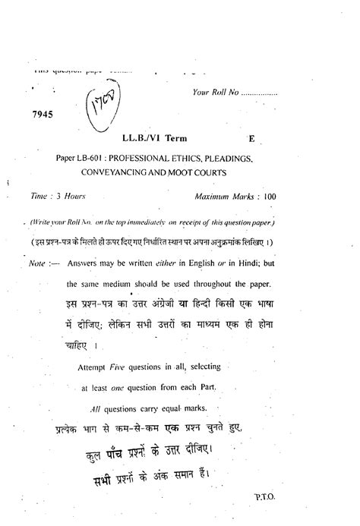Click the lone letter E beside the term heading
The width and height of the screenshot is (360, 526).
click(251, 140)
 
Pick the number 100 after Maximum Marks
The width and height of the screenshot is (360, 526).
click(270, 196)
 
